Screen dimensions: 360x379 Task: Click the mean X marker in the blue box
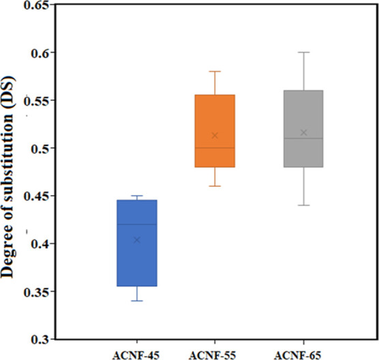137,240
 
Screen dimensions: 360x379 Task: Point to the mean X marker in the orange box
215,135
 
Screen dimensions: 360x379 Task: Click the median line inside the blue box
137,224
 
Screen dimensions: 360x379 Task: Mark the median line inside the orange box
215,148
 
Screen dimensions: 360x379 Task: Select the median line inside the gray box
303,138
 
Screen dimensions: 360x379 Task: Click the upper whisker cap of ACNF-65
303,52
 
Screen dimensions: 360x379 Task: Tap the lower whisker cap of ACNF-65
303,205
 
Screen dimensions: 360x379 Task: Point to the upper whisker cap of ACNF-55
215,72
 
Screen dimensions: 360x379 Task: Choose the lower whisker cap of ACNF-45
137,301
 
